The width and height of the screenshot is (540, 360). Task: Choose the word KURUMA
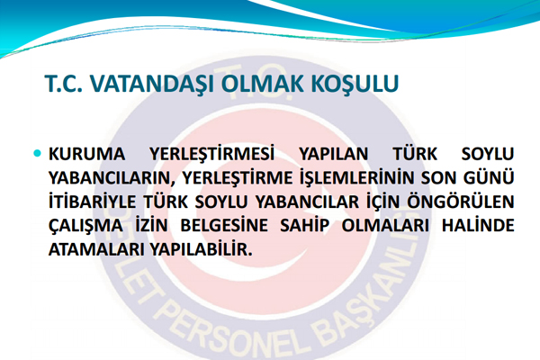83,154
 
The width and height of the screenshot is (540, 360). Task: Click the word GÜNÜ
490,177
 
